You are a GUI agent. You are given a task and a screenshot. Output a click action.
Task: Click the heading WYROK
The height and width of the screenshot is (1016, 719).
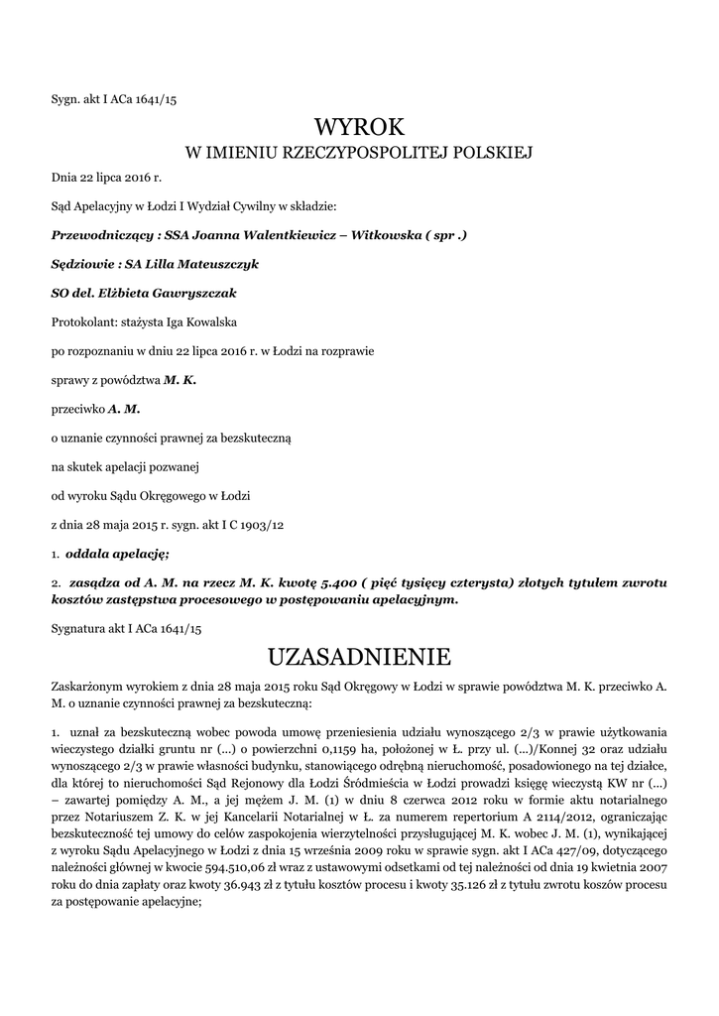(x=359, y=126)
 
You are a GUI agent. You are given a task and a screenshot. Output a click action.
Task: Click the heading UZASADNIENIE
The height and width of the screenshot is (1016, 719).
(x=359, y=656)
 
